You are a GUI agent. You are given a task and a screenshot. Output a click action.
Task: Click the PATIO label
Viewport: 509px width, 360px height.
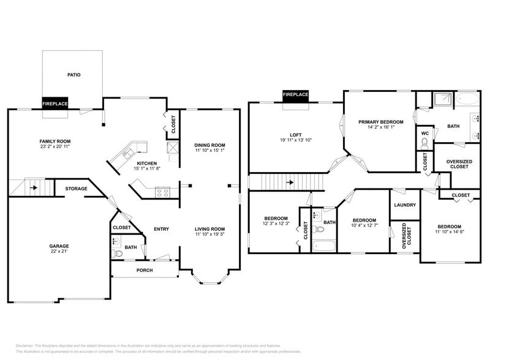click(x=74, y=75)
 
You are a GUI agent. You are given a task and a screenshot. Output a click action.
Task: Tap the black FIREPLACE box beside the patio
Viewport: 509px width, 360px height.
click(x=55, y=103)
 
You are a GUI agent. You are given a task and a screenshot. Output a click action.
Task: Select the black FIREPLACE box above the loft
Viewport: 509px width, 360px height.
click(x=295, y=95)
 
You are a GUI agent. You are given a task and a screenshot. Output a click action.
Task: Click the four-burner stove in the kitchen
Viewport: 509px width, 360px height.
click(x=163, y=192)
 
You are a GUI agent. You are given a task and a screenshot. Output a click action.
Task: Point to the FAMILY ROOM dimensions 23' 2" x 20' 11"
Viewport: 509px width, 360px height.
click(x=55, y=147)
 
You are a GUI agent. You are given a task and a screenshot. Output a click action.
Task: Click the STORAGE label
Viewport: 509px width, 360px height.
click(x=76, y=189)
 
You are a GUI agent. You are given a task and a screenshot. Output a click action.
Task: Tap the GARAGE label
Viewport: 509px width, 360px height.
click(x=59, y=246)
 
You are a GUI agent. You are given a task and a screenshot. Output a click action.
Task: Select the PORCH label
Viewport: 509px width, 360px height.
click(x=145, y=270)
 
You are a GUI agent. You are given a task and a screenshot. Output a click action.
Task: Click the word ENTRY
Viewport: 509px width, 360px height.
click(x=161, y=229)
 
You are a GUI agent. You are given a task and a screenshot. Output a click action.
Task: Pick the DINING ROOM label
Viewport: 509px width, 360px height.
click(x=210, y=144)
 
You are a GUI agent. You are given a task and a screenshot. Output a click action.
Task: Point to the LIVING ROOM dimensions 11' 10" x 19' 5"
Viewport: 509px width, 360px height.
click(x=210, y=234)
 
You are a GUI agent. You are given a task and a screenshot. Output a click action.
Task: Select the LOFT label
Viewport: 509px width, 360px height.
click(x=296, y=135)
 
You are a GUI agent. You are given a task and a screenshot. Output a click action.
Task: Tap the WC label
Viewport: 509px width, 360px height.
click(x=424, y=133)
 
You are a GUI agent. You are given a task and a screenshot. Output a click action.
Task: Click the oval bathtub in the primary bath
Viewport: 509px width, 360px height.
click(x=467, y=99)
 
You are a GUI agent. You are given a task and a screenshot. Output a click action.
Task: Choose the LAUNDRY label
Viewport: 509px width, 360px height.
click(x=405, y=205)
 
